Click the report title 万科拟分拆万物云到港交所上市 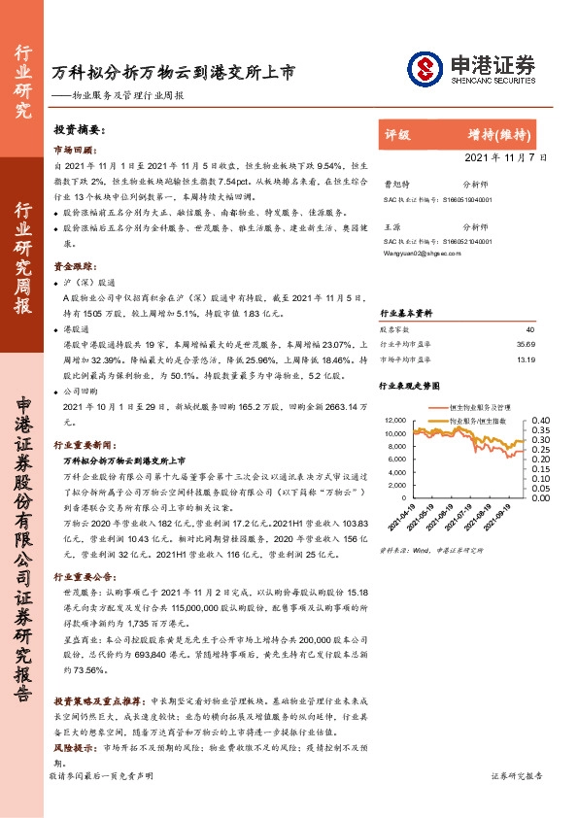click(x=173, y=72)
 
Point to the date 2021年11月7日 click(x=506, y=156)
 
